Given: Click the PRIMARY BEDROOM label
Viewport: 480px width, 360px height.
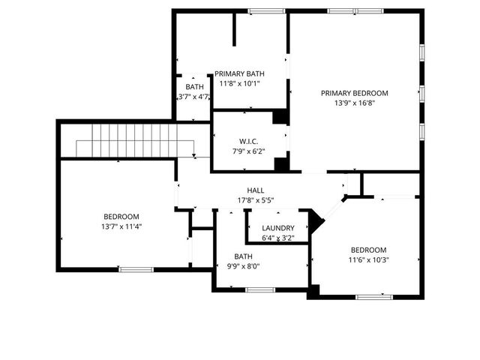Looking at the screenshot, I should click(355, 93).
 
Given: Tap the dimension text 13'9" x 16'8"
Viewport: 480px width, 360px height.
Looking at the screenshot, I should click(355, 103).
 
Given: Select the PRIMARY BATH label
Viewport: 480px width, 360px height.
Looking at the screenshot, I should click(240, 73).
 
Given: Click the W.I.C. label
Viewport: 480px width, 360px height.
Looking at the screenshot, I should click(250, 141).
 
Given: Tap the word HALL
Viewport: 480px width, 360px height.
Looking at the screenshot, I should click(256, 190).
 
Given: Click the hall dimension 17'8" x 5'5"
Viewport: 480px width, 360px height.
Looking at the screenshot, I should click(256, 201).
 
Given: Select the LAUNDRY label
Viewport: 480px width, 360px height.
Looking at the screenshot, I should click(278, 228).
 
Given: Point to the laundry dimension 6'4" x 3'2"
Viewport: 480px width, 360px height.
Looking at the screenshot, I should click(278, 238).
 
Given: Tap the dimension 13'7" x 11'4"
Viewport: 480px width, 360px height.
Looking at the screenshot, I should click(121, 226).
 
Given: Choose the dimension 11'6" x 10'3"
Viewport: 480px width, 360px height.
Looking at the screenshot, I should click(368, 260).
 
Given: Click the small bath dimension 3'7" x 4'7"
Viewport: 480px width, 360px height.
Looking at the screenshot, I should click(193, 97).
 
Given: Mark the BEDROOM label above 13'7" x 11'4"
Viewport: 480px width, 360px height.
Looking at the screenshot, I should click(121, 216).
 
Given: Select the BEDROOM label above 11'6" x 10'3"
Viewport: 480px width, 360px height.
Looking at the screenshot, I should click(368, 250).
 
